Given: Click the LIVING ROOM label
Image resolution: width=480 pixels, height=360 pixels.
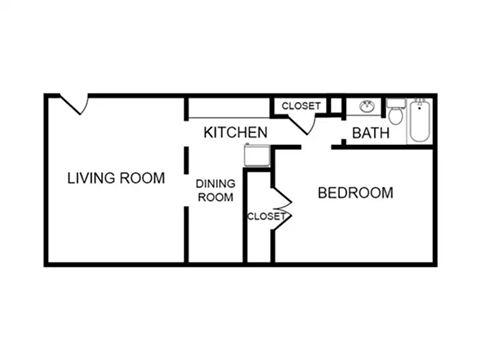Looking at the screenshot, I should click(116, 179).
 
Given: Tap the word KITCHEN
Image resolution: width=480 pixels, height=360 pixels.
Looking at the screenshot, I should click(235, 132).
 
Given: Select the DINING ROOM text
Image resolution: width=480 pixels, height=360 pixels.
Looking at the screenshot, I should click(214, 190).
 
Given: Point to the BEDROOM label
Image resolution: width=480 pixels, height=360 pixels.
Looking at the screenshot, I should click(355, 192).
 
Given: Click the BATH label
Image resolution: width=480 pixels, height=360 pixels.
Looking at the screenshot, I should click(370, 132).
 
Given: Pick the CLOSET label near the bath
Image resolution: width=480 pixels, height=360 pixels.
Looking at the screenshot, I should click(301, 106).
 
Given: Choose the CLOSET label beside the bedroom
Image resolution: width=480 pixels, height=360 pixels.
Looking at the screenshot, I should click(266, 216).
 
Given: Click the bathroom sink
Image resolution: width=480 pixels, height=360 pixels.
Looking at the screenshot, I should click(367, 107).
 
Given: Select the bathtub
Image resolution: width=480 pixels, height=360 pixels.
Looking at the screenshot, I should click(419, 120).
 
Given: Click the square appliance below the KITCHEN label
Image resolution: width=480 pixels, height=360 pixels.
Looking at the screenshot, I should click(259, 154).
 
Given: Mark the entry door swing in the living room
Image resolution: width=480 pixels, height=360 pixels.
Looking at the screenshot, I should click(74, 104).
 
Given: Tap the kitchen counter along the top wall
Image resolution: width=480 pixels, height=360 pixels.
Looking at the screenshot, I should click(230, 108).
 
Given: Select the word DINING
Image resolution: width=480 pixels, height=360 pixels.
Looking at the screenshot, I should click(214, 183).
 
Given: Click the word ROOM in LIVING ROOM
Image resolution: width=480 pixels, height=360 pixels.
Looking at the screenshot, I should click(142, 179).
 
